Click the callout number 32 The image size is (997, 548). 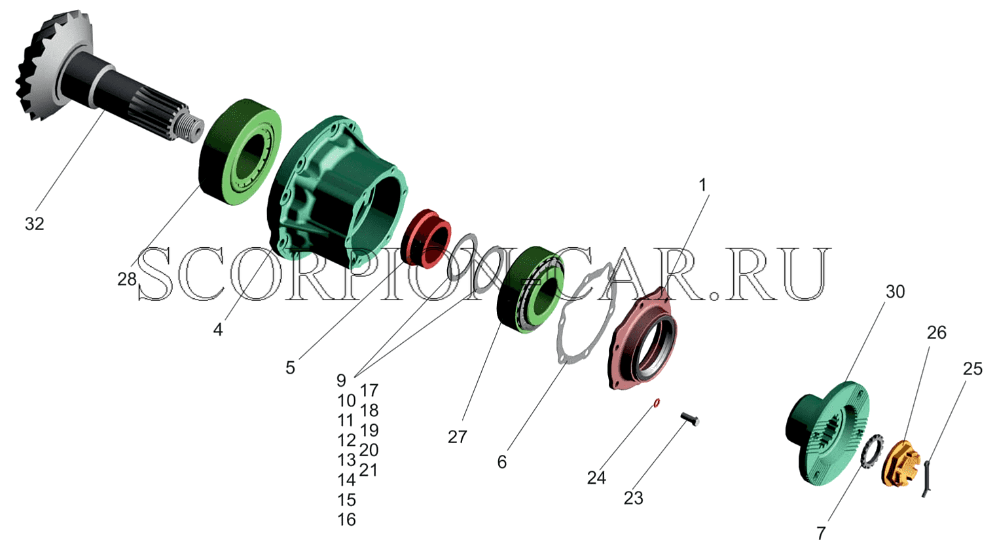click(34, 224)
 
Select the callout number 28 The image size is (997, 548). click(127, 279)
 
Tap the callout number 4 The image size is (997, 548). click(217, 330)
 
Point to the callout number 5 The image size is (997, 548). click(290, 368)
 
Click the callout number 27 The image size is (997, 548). click(458, 437)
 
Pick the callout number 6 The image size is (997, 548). click(502, 462)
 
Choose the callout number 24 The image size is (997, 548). click(596, 478)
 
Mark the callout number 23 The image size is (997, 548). click(634, 498)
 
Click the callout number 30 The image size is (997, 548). click(895, 292)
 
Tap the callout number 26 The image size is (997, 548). click(937, 332)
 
